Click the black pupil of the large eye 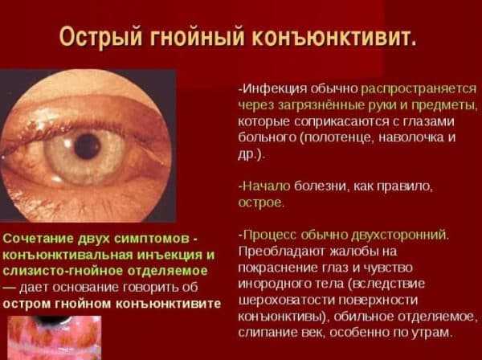(88, 146)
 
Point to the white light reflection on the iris (67, 142)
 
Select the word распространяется (418, 89)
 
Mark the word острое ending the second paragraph (260, 203)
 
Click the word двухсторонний (400, 235)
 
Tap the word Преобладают (282, 252)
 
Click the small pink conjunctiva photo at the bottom (55, 337)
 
